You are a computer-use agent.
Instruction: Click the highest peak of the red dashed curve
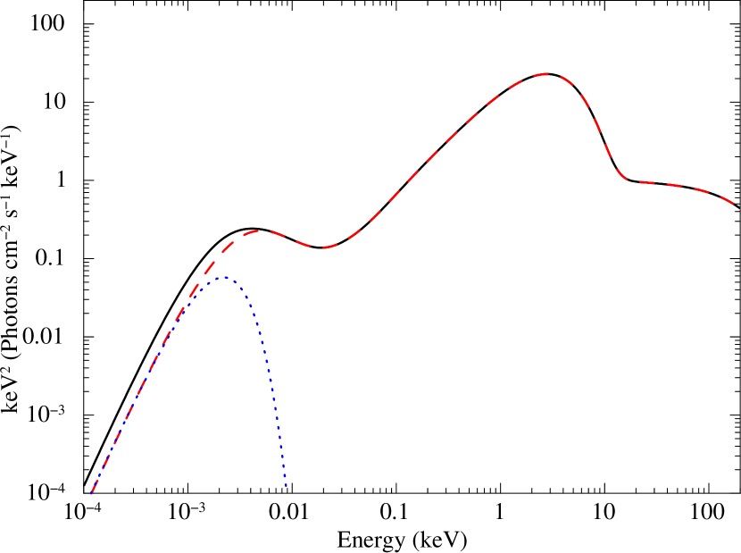click(545, 74)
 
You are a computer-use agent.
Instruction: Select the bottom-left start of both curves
click(92, 492)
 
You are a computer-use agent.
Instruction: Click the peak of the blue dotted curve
click(221, 278)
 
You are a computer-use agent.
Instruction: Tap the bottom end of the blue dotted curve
click(286, 487)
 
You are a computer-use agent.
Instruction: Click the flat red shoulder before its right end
click(679, 186)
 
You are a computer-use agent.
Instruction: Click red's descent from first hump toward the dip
click(290, 239)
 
